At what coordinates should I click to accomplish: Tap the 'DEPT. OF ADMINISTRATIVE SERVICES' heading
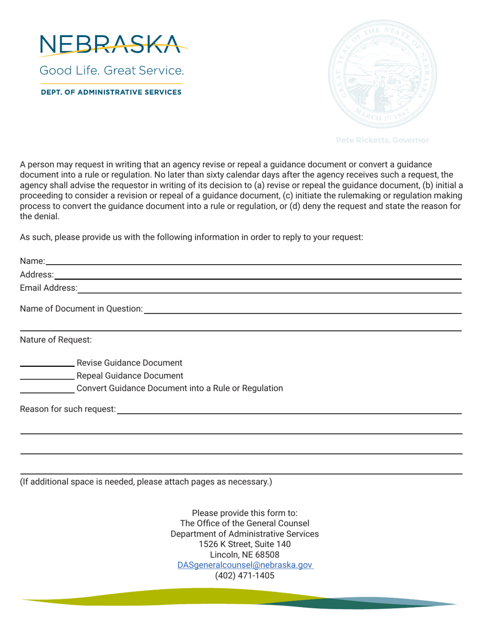[x=111, y=92]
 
